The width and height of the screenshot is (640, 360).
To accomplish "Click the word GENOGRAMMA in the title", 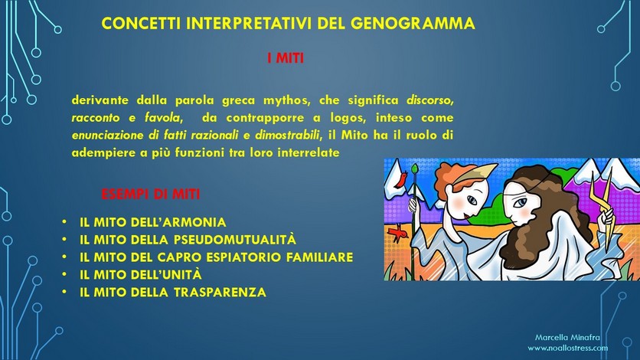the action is point(412,23).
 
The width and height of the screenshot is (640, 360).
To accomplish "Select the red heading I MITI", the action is point(286,58).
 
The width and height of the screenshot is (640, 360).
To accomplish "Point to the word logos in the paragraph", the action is point(347,118).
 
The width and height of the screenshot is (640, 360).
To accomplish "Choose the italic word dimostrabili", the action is point(287,135).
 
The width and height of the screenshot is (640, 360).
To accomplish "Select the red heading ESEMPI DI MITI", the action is point(151,194).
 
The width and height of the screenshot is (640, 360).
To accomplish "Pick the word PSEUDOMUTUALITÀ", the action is point(235,240).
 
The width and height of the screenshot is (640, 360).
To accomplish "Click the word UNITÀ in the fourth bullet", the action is point(182,274).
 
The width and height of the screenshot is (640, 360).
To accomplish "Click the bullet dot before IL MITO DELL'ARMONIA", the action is point(64,222).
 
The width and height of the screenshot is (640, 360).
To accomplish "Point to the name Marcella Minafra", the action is point(567,338).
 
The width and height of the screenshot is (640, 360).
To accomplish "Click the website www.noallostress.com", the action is point(567,349).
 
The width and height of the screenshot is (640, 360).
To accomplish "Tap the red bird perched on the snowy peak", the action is point(402,179).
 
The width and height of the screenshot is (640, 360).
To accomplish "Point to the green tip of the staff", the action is point(416,169).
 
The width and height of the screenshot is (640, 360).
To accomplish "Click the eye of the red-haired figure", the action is point(472,201).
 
